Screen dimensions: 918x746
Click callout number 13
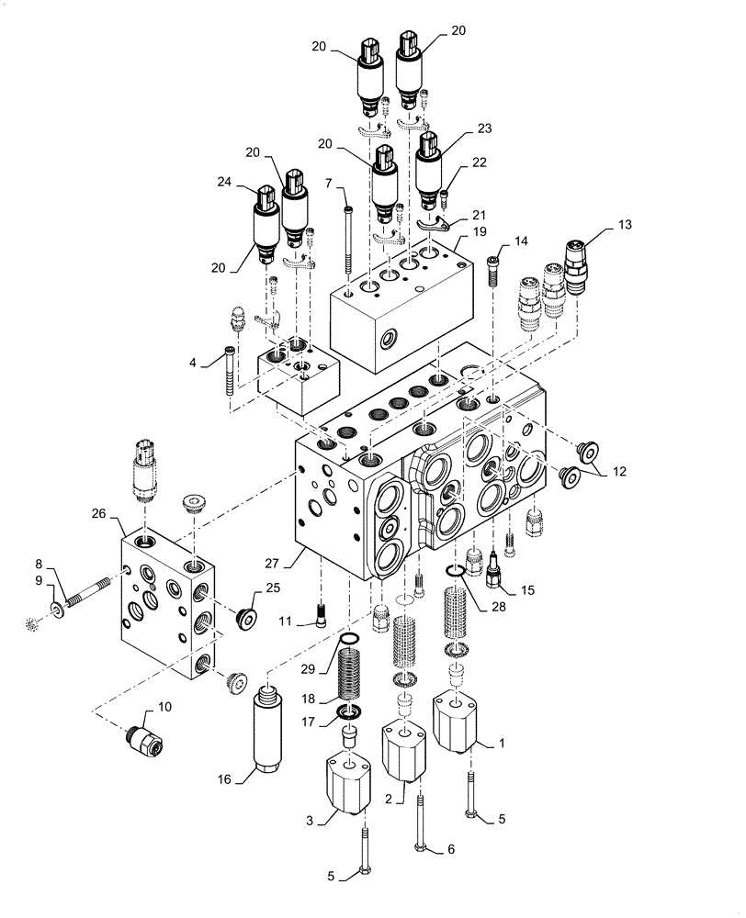click(x=599, y=224)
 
